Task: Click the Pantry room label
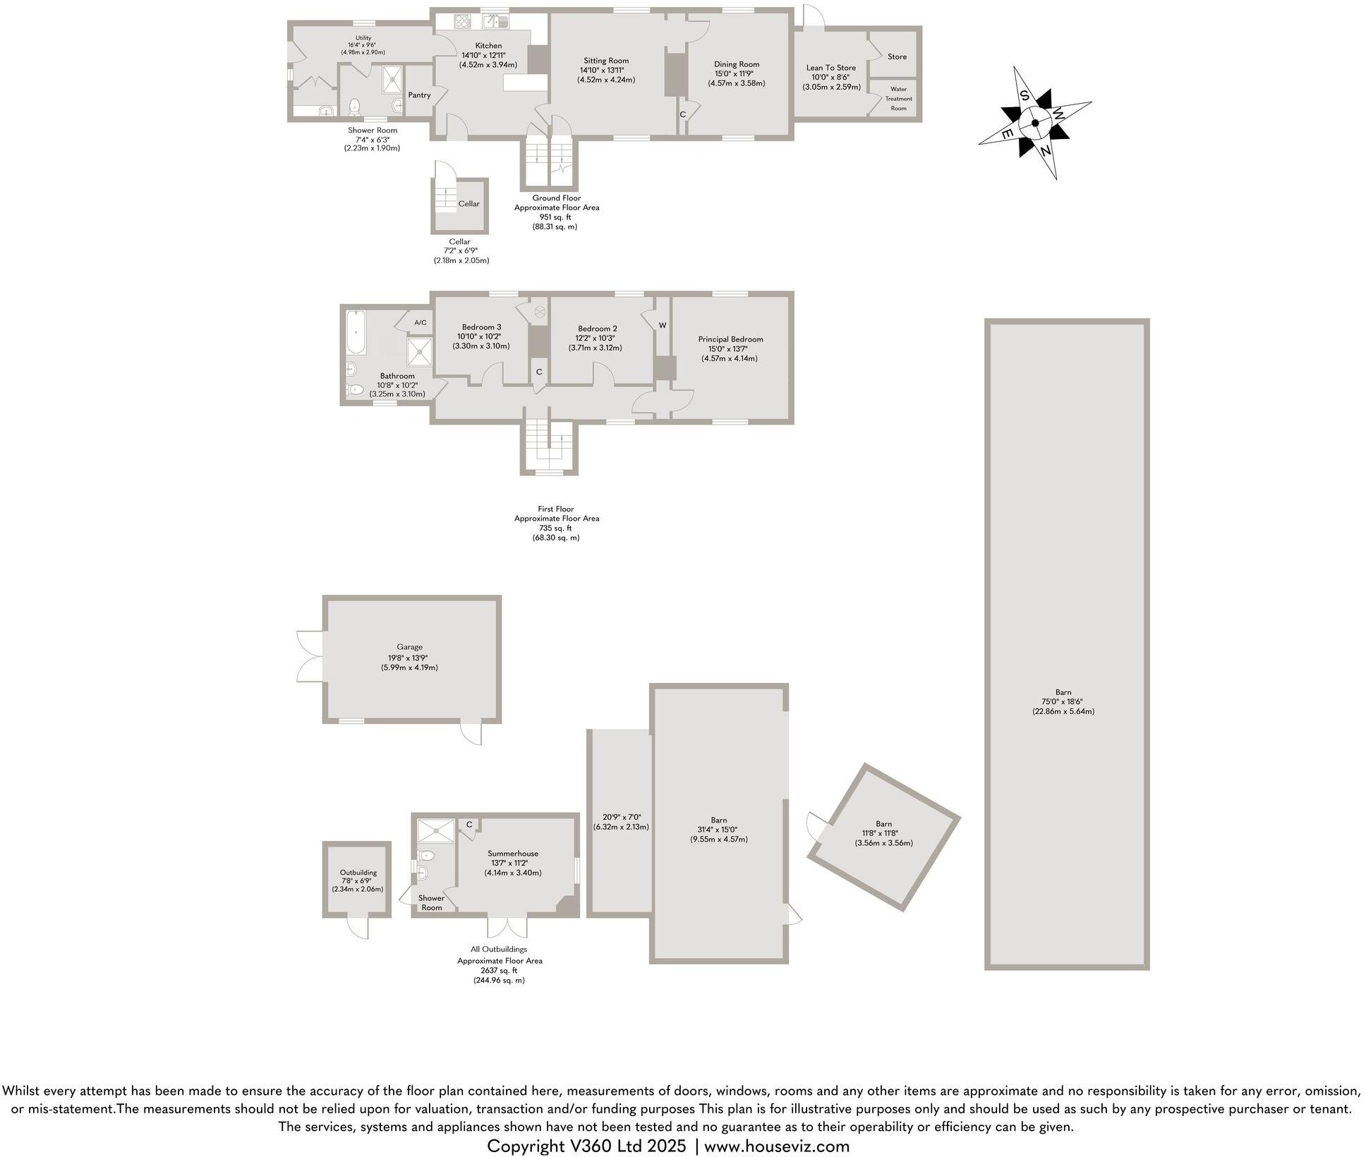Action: coord(419,95)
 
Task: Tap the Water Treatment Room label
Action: coord(898,99)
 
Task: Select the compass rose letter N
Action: coord(1045,151)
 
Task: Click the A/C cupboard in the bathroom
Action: coord(420,322)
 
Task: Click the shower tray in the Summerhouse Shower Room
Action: coord(436,831)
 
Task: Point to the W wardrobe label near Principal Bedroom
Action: coord(663,325)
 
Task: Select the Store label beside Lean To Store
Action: coord(897,56)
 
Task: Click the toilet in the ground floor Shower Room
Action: coord(354,107)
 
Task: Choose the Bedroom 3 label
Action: coord(481,327)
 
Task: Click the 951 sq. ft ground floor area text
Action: coord(556,217)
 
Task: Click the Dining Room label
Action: coord(737,64)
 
